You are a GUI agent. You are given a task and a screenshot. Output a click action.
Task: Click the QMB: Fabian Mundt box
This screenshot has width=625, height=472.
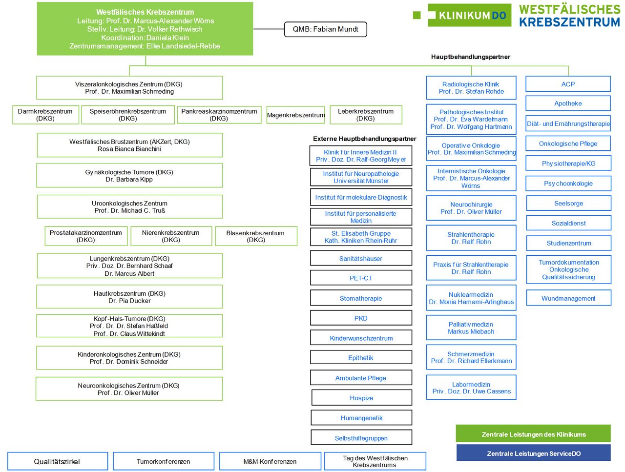(x=326, y=29)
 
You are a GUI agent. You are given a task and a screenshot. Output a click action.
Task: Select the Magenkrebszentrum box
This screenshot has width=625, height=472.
(x=295, y=115)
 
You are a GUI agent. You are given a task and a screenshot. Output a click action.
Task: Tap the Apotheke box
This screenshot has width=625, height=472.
(x=568, y=103)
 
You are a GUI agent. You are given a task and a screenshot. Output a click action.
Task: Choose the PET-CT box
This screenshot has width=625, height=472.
(x=361, y=278)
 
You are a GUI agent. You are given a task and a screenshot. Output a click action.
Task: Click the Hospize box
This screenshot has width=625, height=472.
(x=361, y=398)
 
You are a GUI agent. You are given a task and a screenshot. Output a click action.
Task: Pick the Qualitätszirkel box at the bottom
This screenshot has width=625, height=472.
(x=57, y=461)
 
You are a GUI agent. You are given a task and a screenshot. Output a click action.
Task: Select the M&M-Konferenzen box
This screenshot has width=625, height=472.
(x=270, y=461)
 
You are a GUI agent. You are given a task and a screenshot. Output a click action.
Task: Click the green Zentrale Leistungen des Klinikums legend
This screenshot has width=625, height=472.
(x=533, y=434)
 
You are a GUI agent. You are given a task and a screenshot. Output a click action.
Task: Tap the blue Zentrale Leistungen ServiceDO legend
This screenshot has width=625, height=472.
(x=533, y=453)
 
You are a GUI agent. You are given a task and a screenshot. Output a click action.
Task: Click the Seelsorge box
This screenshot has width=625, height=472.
(x=568, y=204)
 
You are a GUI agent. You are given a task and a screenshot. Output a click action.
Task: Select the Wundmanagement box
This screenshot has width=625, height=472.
(x=568, y=298)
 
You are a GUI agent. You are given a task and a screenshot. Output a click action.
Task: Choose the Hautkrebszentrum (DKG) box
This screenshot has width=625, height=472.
(x=129, y=297)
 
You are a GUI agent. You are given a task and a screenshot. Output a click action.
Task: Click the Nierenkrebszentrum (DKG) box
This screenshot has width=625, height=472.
(x=171, y=236)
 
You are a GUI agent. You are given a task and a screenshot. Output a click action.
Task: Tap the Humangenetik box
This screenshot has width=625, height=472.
(x=361, y=418)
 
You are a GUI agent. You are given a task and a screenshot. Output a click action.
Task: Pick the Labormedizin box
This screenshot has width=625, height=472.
(x=471, y=388)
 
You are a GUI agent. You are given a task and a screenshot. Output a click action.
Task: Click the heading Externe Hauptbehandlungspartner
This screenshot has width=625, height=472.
(x=364, y=139)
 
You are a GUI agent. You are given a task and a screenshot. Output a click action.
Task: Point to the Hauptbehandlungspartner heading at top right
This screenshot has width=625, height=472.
(x=470, y=57)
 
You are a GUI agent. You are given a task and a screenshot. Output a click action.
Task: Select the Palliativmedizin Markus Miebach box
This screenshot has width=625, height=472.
(x=471, y=328)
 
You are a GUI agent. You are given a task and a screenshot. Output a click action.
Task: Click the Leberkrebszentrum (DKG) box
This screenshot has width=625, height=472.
(x=366, y=115)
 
